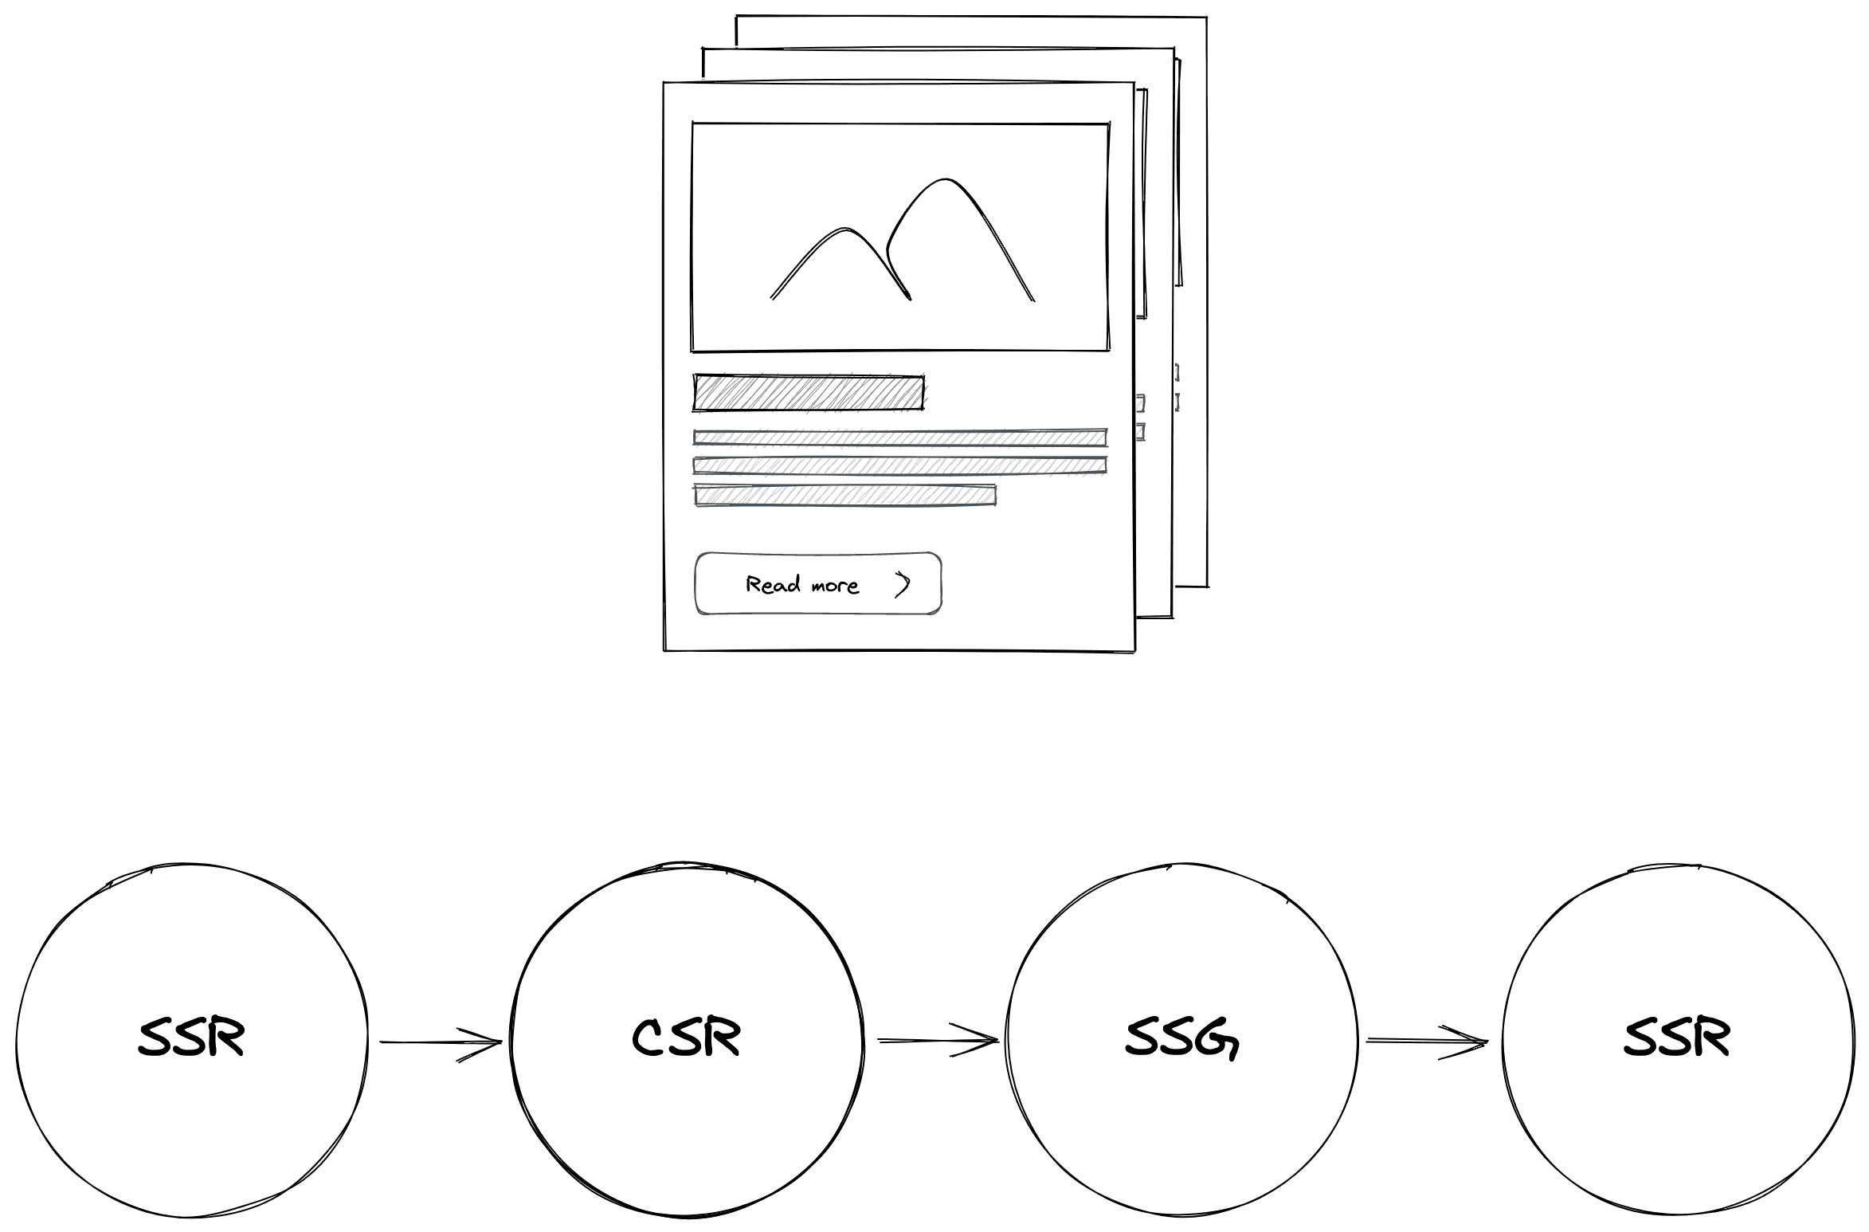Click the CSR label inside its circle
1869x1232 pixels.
point(686,1038)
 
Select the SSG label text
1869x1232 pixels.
point(1182,1038)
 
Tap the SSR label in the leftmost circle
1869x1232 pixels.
point(191,1038)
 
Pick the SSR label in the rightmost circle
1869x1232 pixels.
point(1677,1038)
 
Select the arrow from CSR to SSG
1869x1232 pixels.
point(937,1040)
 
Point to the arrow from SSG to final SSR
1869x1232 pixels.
point(1426,1041)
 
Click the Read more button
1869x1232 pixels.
point(818,583)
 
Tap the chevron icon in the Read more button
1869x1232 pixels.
point(902,584)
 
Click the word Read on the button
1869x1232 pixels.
point(773,584)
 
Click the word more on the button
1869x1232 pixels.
point(835,587)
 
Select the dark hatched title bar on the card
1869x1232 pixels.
point(809,392)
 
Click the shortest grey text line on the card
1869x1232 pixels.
point(844,495)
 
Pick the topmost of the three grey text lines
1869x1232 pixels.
point(900,437)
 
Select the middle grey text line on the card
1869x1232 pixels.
point(900,465)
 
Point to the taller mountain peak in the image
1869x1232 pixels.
point(946,181)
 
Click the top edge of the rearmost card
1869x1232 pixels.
point(972,17)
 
